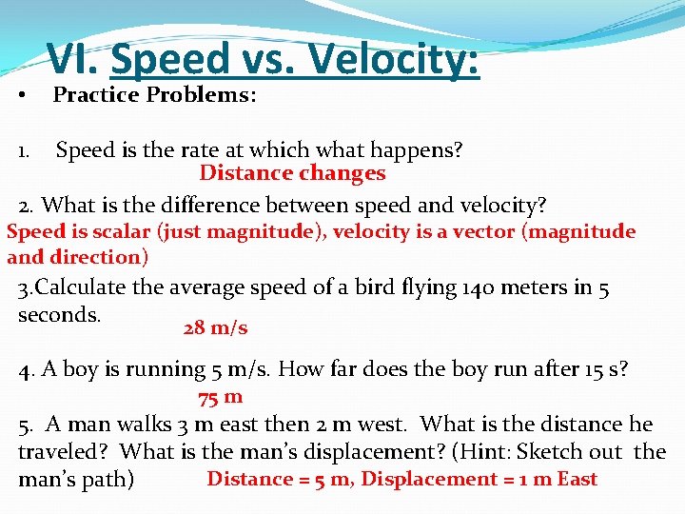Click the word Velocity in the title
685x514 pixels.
click(392, 60)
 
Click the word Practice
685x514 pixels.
click(97, 95)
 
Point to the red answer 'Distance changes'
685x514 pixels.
click(292, 173)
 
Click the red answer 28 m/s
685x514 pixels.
click(215, 328)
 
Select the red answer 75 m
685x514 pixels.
click(220, 397)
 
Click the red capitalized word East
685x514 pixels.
click(577, 479)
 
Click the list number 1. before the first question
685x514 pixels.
click(28, 150)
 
